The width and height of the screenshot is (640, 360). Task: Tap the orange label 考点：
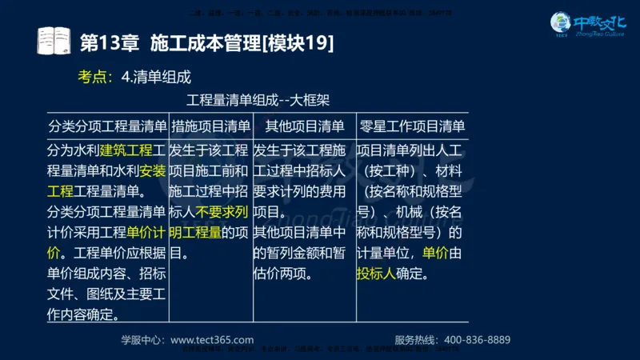click(95, 77)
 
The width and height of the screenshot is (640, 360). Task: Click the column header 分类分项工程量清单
click(106, 126)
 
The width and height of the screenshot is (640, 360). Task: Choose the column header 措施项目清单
click(210, 126)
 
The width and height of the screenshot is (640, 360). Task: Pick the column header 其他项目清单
click(304, 126)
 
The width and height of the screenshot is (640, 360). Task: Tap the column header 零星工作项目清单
click(412, 126)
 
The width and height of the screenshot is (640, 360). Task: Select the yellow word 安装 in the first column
click(153, 170)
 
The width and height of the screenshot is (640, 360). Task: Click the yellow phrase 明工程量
click(196, 233)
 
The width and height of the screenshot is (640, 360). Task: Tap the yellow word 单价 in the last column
click(435, 254)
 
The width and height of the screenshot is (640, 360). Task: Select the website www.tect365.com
click(212, 339)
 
